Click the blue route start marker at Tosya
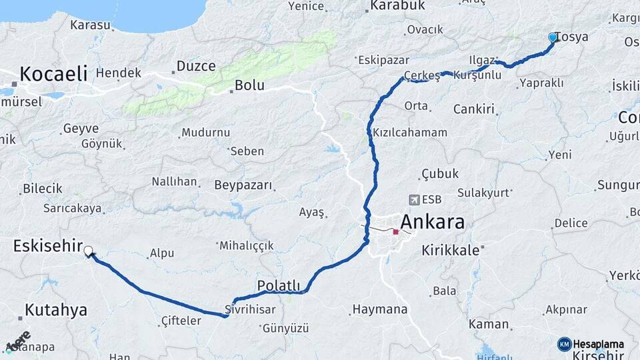coord(552,37)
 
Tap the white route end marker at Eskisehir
coord(88,251)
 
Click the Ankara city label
coord(432,222)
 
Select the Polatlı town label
coord(278,286)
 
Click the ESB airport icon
coord(415,199)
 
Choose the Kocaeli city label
coord(53,73)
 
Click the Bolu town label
coord(250,85)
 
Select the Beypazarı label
coord(243,185)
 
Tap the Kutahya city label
coord(56,310)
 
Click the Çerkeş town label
coord(422,75)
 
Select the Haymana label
coord(379,309)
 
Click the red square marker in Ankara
coord(396,232)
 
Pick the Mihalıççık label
coord(247,245)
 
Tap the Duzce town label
coord(196,66)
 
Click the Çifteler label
coord(181,321)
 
